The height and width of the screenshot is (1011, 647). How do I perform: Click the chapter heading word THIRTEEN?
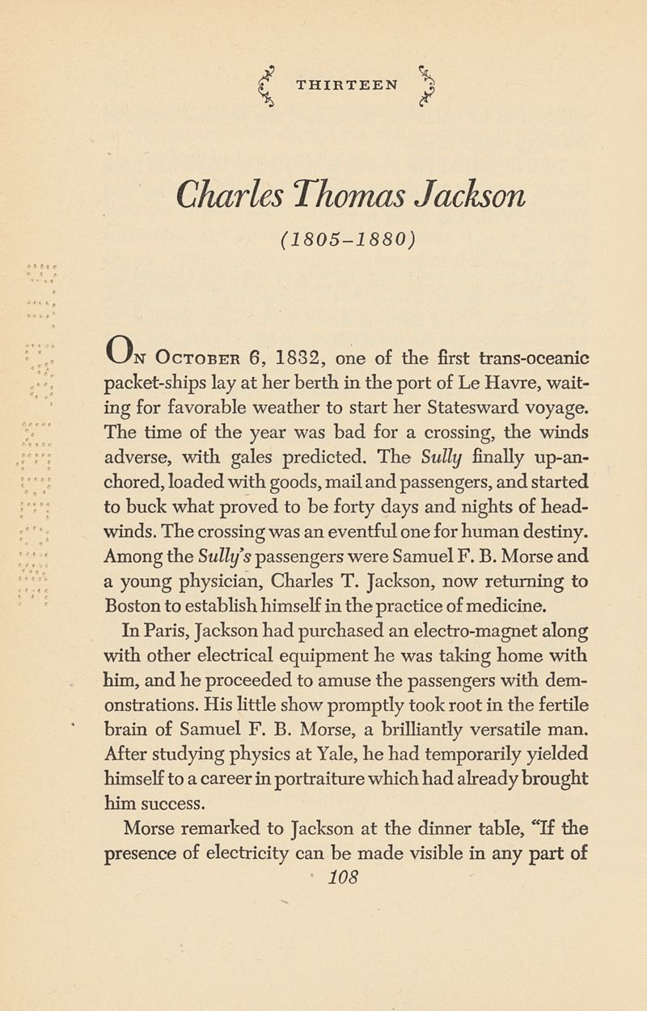(346, 84)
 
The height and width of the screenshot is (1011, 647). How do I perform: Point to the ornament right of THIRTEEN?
(429, 83)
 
